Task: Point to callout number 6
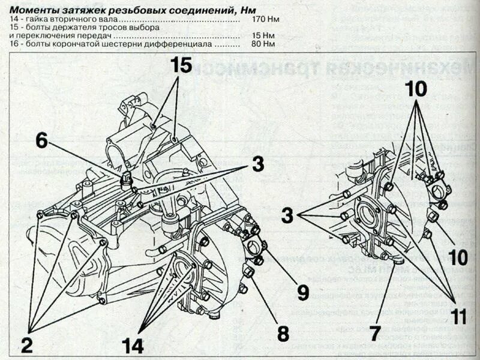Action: [41, 140]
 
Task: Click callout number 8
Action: [283, 333]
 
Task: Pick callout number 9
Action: [302, 292]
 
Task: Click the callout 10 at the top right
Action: [415, 89]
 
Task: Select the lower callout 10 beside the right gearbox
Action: [458, 258]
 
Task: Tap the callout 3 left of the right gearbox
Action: [289, 215]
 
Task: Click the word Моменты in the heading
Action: [34, 8]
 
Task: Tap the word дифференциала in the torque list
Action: [184, 44]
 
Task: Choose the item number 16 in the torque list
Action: [14, 44]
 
